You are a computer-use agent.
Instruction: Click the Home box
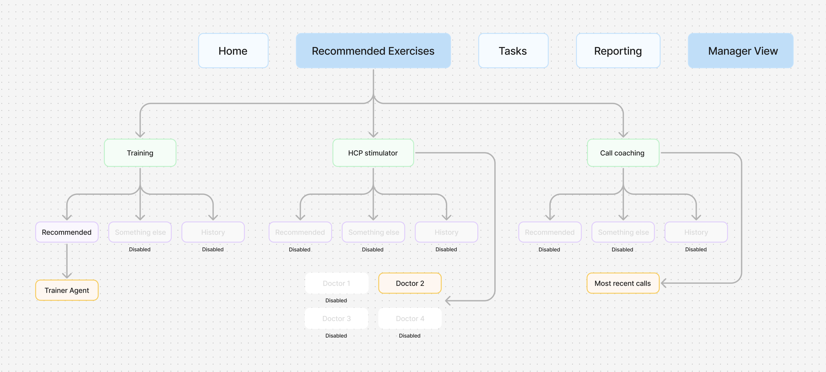pos(233,51)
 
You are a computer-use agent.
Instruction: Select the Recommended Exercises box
pos(373,51)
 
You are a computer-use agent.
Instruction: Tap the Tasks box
pos(513,51)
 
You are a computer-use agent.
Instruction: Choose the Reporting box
pos(618,51)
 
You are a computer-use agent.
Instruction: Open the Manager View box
pos(741,51)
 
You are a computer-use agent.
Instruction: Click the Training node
pos(140,153)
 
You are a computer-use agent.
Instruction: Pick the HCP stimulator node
pos(373,153)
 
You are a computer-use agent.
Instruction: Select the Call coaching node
pos(623,153)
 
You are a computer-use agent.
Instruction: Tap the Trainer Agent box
pos(67,290)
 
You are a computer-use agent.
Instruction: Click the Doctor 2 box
pos(410,283)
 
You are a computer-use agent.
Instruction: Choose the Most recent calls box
pos(623,283)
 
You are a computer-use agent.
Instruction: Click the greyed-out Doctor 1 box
pos(336,283)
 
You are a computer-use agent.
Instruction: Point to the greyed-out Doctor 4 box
pos(410,318)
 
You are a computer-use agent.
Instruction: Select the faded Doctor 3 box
pos(336,318)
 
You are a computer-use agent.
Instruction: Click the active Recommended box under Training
pos(67,232)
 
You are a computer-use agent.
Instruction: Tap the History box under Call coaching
pos(696,232)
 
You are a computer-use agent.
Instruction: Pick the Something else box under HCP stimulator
pos(373,232)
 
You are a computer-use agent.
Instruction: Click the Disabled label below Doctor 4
pos(409,336)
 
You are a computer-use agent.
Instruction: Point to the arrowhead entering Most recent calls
pos(664,283)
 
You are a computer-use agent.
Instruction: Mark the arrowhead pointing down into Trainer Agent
pos(67,275)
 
